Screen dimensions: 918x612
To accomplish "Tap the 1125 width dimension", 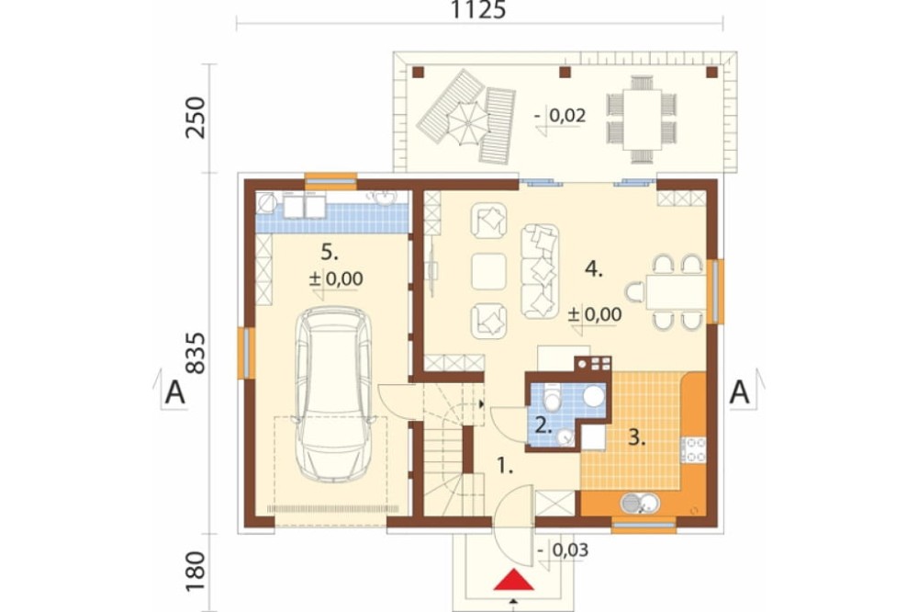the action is (478, 10).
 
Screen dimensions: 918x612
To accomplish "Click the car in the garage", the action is (334, 394).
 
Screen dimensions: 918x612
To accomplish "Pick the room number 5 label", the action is (330, 253).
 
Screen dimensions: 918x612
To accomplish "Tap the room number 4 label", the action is (594, 269).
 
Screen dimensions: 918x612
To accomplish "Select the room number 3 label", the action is (636, 437).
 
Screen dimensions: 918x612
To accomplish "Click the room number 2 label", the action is (543, 425).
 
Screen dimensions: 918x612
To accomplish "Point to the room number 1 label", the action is (505, 466).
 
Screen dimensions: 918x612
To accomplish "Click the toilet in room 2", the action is (551, 398).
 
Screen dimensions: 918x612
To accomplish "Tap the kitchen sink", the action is (640, 503).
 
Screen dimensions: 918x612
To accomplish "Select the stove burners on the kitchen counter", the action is (694, 449).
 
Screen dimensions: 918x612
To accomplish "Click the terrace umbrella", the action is (467, 123).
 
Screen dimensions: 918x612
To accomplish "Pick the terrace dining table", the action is (642, 119).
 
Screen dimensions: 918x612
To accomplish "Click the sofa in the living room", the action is (540, 271).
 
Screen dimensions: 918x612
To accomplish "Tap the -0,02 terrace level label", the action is (560, 116).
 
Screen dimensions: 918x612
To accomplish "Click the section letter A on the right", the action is (739, 392).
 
